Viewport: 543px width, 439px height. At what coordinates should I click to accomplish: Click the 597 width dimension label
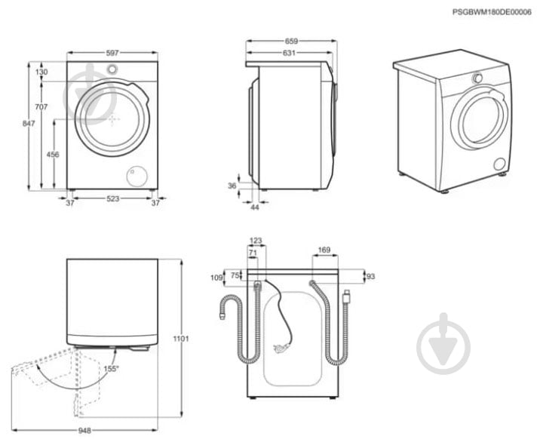[112, 53]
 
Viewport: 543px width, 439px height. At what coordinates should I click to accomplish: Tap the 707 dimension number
[42, 107]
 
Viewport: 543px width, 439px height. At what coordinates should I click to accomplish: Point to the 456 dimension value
[53, 154]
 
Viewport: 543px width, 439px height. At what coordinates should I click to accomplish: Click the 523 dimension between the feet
[112, 202]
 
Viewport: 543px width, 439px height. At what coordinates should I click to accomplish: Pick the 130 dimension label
[42, 72]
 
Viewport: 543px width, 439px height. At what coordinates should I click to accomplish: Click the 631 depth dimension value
[290, 53]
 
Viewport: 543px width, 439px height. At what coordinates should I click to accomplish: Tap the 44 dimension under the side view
[255, 207]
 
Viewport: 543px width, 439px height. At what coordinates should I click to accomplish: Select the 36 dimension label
[232, 186]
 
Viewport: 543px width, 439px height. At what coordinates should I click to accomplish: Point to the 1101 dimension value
[181, 339]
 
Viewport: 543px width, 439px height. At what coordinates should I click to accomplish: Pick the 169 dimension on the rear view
[324, 250]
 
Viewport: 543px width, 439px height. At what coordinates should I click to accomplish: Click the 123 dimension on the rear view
[256, 241]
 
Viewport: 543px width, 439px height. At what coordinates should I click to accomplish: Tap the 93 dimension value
[370, 277]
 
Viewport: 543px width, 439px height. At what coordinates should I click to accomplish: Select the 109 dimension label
[217, 278]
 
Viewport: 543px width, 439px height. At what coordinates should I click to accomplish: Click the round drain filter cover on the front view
[137, 176]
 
